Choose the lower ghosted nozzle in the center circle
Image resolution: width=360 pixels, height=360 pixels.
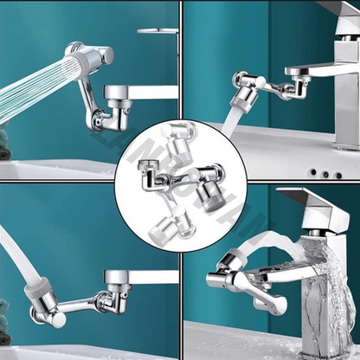(x=162, y=229)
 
